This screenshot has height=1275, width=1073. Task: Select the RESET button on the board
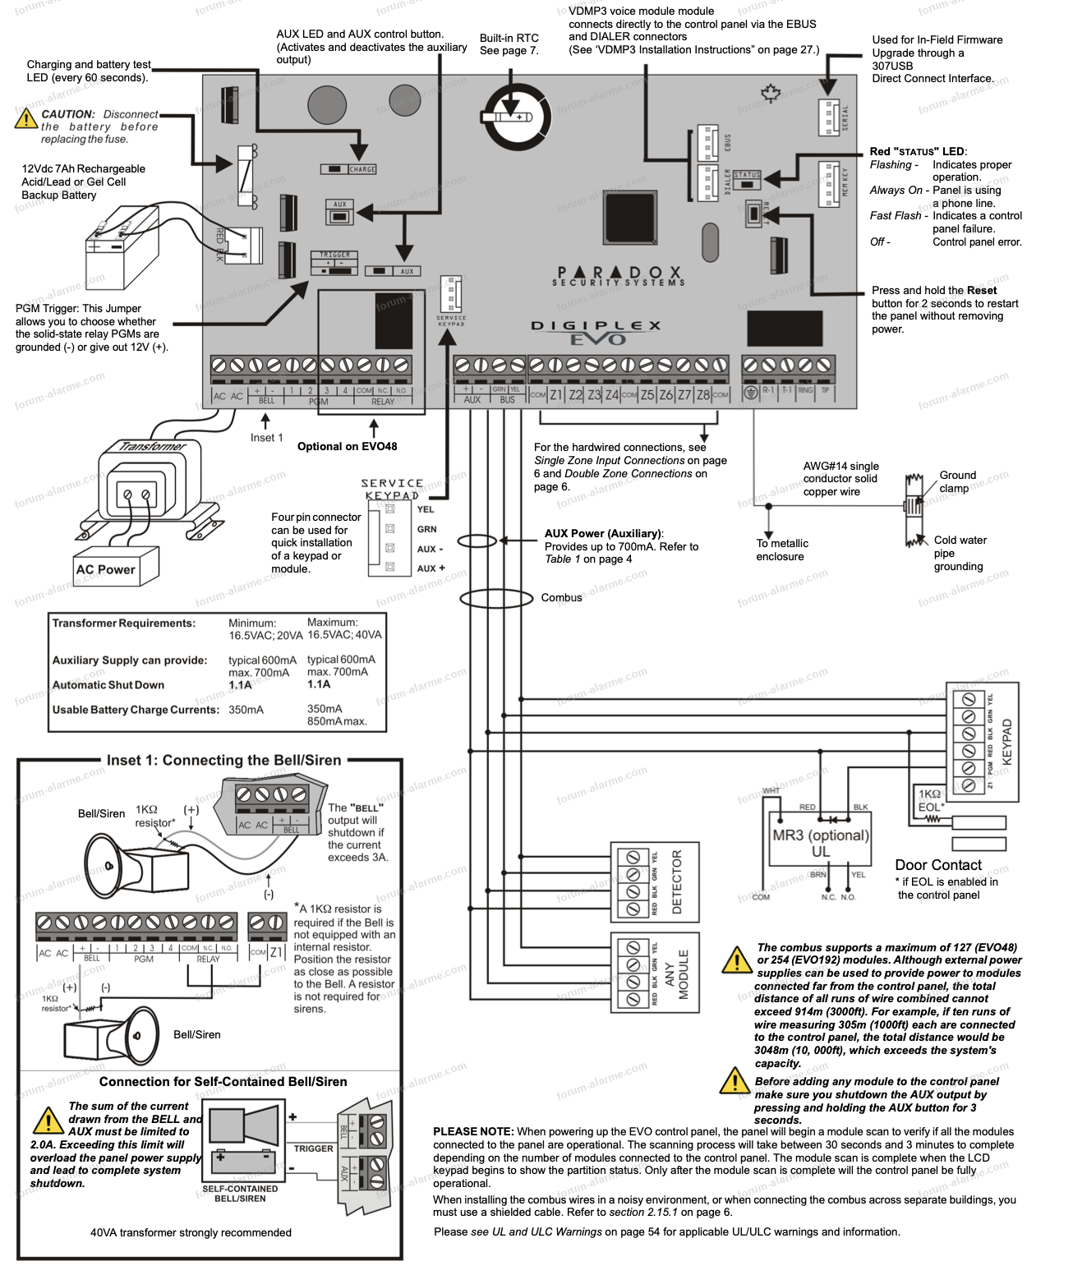(753, 214)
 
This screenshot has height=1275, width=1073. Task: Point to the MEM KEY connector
(828, 184)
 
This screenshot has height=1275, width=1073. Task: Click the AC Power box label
(106, 569)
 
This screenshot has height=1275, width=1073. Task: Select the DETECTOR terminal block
(654, 882)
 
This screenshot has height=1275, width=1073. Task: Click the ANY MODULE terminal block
(654, 974)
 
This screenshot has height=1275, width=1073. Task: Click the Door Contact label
(938, 865)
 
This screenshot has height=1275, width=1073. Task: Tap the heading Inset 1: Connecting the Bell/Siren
(223, 761)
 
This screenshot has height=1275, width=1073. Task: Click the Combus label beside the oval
(561, 598)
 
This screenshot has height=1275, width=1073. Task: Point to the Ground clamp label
(957, 481)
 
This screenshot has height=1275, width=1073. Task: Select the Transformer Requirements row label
(124, 624)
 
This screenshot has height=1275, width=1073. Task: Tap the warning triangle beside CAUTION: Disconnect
(26, 120)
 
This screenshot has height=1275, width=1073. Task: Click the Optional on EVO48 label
(347, 447)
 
